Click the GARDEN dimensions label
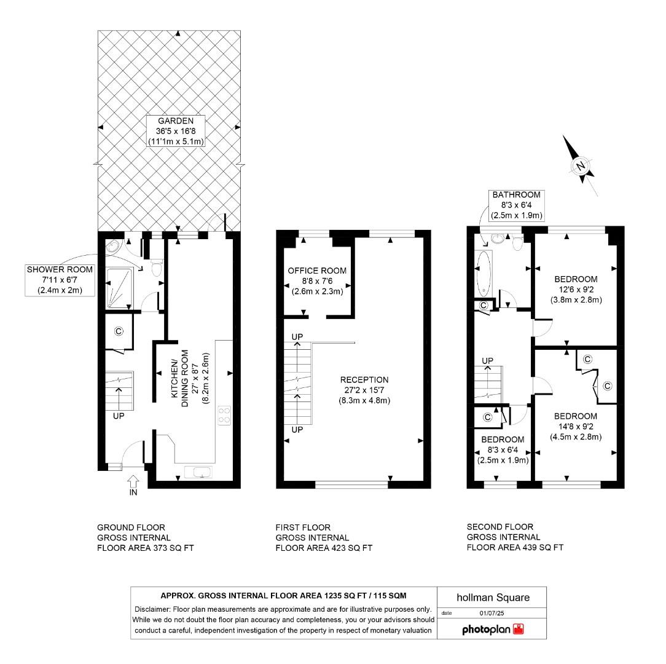176,131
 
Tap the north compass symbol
579,166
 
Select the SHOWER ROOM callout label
60,280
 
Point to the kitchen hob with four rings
224,416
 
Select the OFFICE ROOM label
317,281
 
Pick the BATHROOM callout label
516,205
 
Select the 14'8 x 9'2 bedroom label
575,426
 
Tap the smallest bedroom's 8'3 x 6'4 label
503,449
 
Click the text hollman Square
492,597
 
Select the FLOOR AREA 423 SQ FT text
324,548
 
